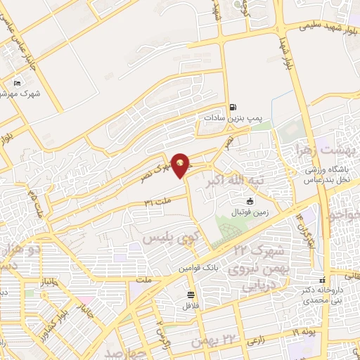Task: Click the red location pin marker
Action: [x=181, y=165]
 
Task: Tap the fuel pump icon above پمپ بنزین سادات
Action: [x=231, y=108]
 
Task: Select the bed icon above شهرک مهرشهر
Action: [x=18, y=83]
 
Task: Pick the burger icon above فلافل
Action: [x=191, y=295]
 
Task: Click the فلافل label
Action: [x=191, y=305]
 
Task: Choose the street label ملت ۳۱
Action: [x=157, y=203]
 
